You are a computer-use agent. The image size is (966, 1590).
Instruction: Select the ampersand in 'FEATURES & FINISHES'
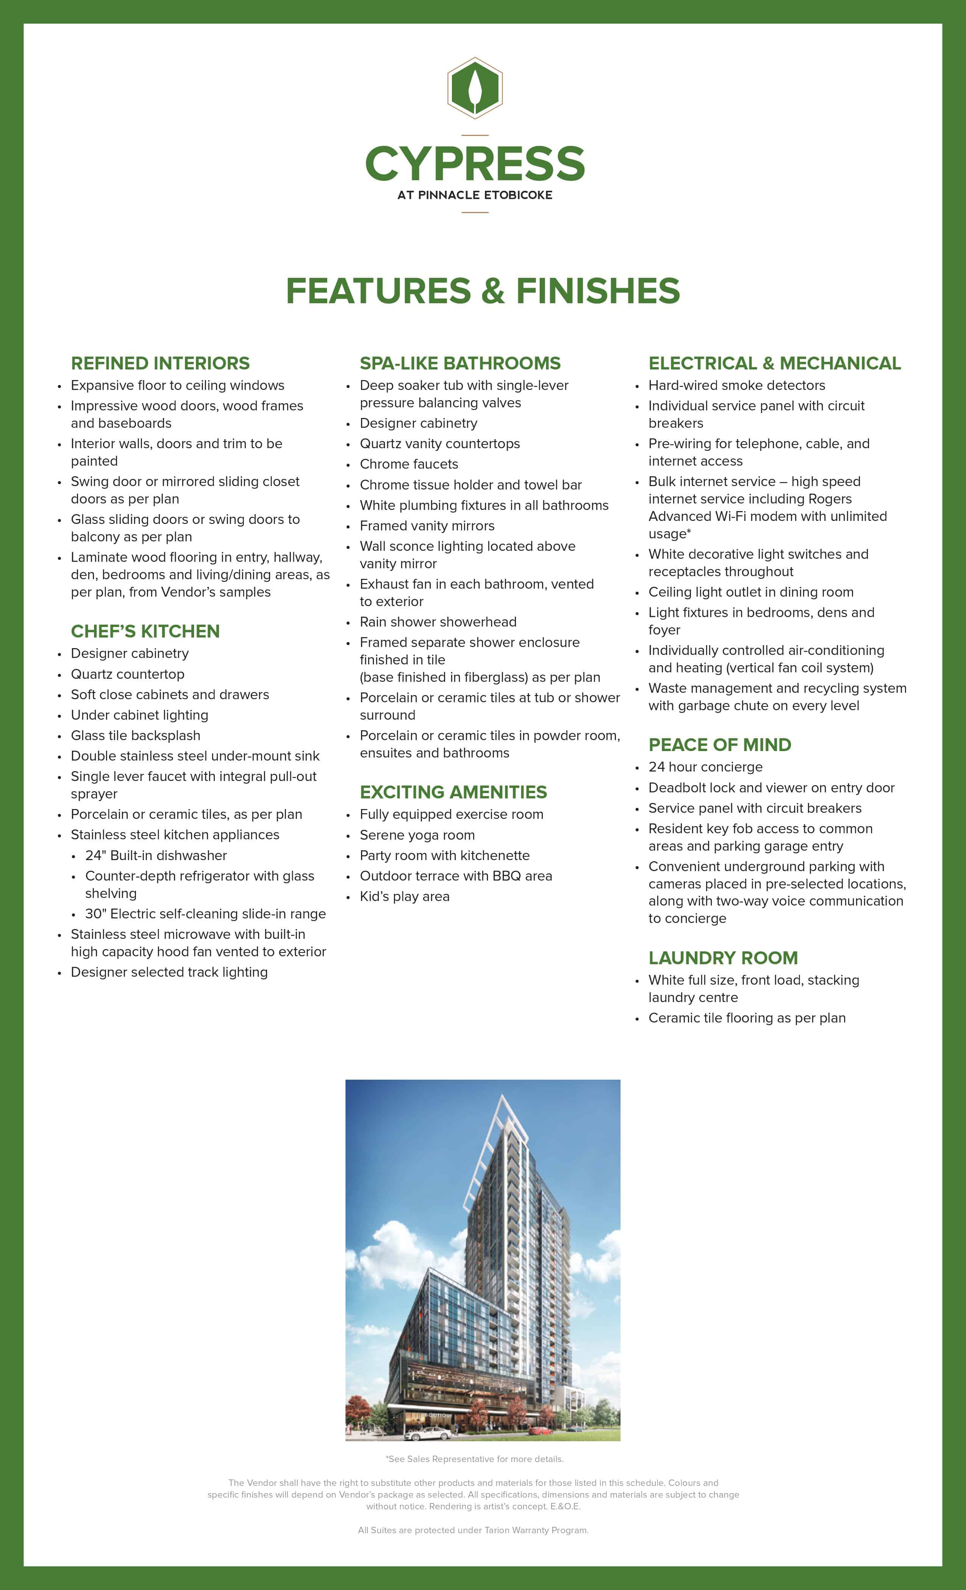[493, 291]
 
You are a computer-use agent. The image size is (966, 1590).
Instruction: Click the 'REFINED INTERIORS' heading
[160, 363]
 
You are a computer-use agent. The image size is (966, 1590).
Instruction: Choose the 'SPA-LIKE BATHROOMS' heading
[460, 363]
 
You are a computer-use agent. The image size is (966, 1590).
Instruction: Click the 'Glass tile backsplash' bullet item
[136, 736]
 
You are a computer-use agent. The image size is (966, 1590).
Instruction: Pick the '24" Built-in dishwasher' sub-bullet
[156, 856]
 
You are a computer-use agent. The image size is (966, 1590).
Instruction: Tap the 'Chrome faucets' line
[409, 465]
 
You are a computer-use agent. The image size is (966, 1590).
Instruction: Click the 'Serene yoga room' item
[417, 835]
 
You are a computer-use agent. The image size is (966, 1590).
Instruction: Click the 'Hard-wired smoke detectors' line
[737, 385]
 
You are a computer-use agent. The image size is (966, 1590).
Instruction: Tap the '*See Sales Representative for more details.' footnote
[475, 1459]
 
